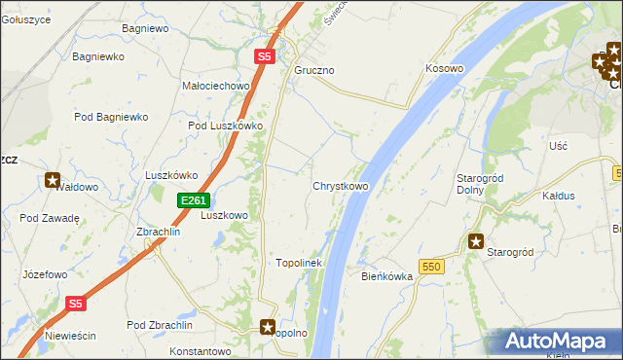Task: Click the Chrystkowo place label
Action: coord(340,186)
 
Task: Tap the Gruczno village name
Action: coord(314,71)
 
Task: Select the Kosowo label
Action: coord(444,69)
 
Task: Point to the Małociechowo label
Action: coord(216,86)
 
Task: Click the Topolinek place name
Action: coord(299,263)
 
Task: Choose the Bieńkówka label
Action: coord(387,276)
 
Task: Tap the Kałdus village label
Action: coord(559,196)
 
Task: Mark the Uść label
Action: coord(558,145)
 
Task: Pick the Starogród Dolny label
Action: coord(478,184)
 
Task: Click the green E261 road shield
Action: coord(192,200)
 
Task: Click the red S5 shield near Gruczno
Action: coord(265,57)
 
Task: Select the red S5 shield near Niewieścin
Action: coord(77,304)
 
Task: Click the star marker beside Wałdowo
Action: coord(53,180)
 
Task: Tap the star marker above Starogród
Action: coord(476,241)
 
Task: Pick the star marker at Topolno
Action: coord(268,328)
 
